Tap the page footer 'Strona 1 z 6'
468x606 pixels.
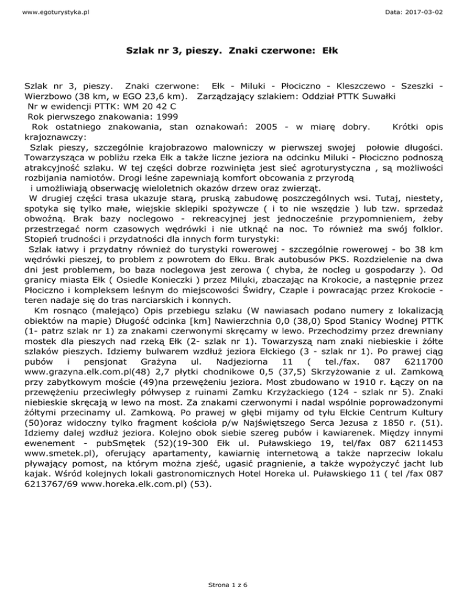click(234, 583)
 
